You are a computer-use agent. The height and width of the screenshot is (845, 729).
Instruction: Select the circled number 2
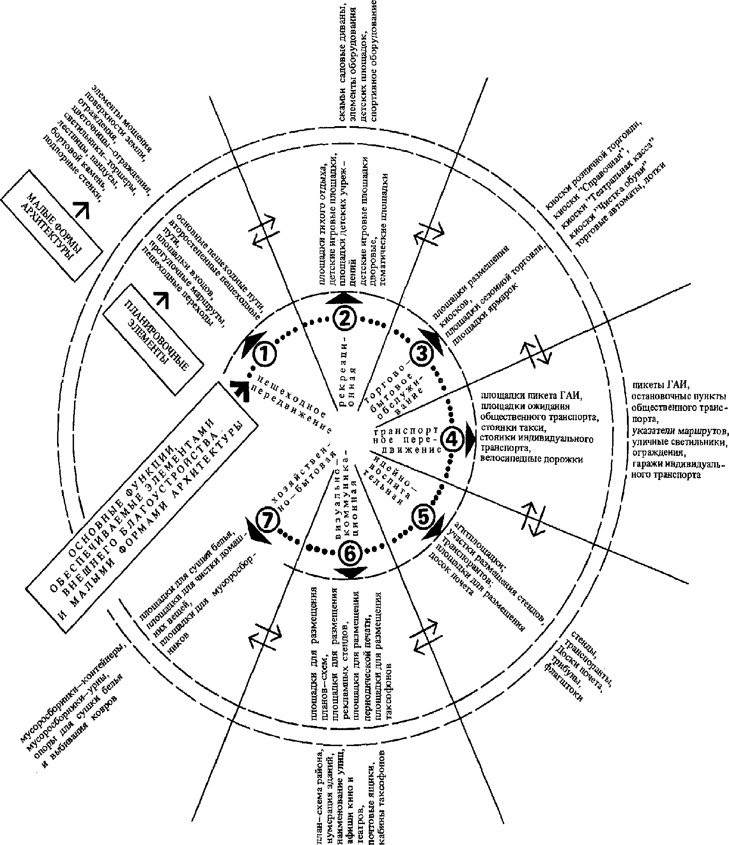coord(344,318)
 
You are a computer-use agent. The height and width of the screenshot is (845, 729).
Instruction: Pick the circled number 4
coord(452,440)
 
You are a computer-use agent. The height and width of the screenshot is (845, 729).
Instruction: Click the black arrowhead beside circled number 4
coord(471,439)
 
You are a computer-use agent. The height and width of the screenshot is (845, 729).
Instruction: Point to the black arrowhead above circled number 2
coord(344,298)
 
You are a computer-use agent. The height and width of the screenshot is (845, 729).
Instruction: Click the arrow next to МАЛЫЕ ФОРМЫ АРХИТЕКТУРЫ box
coord(82,208)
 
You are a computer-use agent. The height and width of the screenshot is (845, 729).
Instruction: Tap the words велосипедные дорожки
coord(531,459)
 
